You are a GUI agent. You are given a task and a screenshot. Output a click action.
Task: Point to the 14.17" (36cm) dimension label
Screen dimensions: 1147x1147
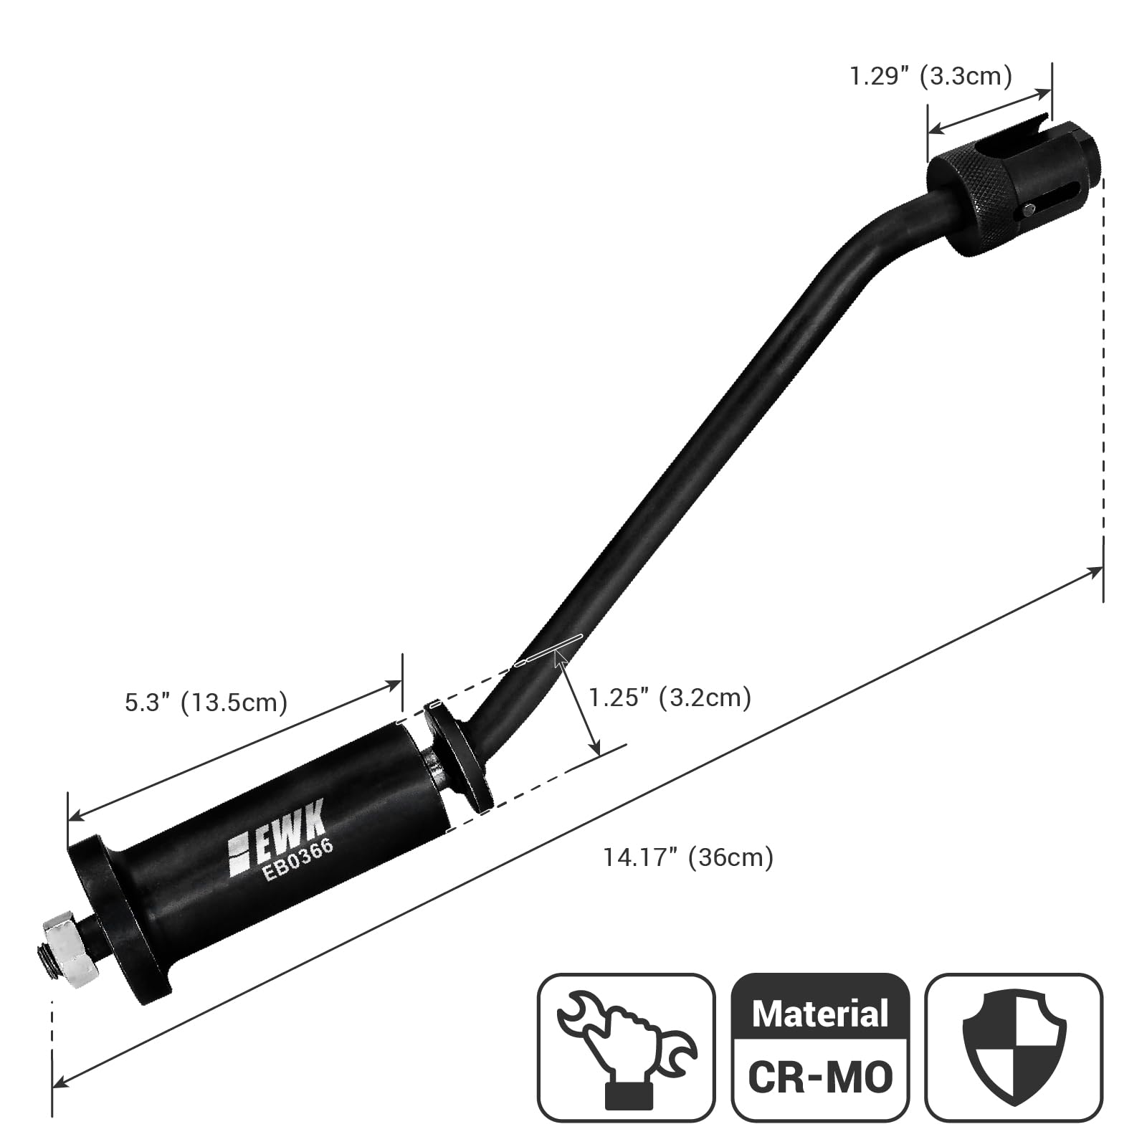688,857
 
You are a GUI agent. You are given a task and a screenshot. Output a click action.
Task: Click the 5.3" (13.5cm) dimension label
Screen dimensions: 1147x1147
206,702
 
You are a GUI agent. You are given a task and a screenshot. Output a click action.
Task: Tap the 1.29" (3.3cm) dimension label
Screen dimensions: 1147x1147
930,75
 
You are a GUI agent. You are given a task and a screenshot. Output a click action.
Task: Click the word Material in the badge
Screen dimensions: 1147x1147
820,1014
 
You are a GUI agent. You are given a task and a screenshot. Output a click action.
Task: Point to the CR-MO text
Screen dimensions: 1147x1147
820,1076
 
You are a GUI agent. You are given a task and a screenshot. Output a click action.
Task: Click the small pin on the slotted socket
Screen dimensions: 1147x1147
1029,210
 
